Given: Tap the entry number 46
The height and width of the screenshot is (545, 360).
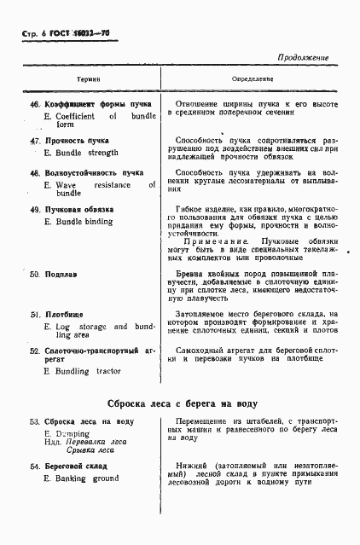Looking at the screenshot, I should click(x=35, y=105).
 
